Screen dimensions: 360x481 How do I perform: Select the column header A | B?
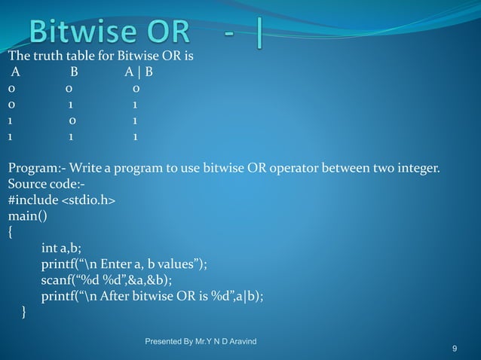coord(139,73)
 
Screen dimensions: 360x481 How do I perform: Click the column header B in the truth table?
coord(74,73)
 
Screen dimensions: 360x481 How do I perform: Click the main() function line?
coord(26,216)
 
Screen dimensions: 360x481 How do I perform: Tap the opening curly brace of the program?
coord(10,232)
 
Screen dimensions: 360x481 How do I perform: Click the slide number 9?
coord(455,349)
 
